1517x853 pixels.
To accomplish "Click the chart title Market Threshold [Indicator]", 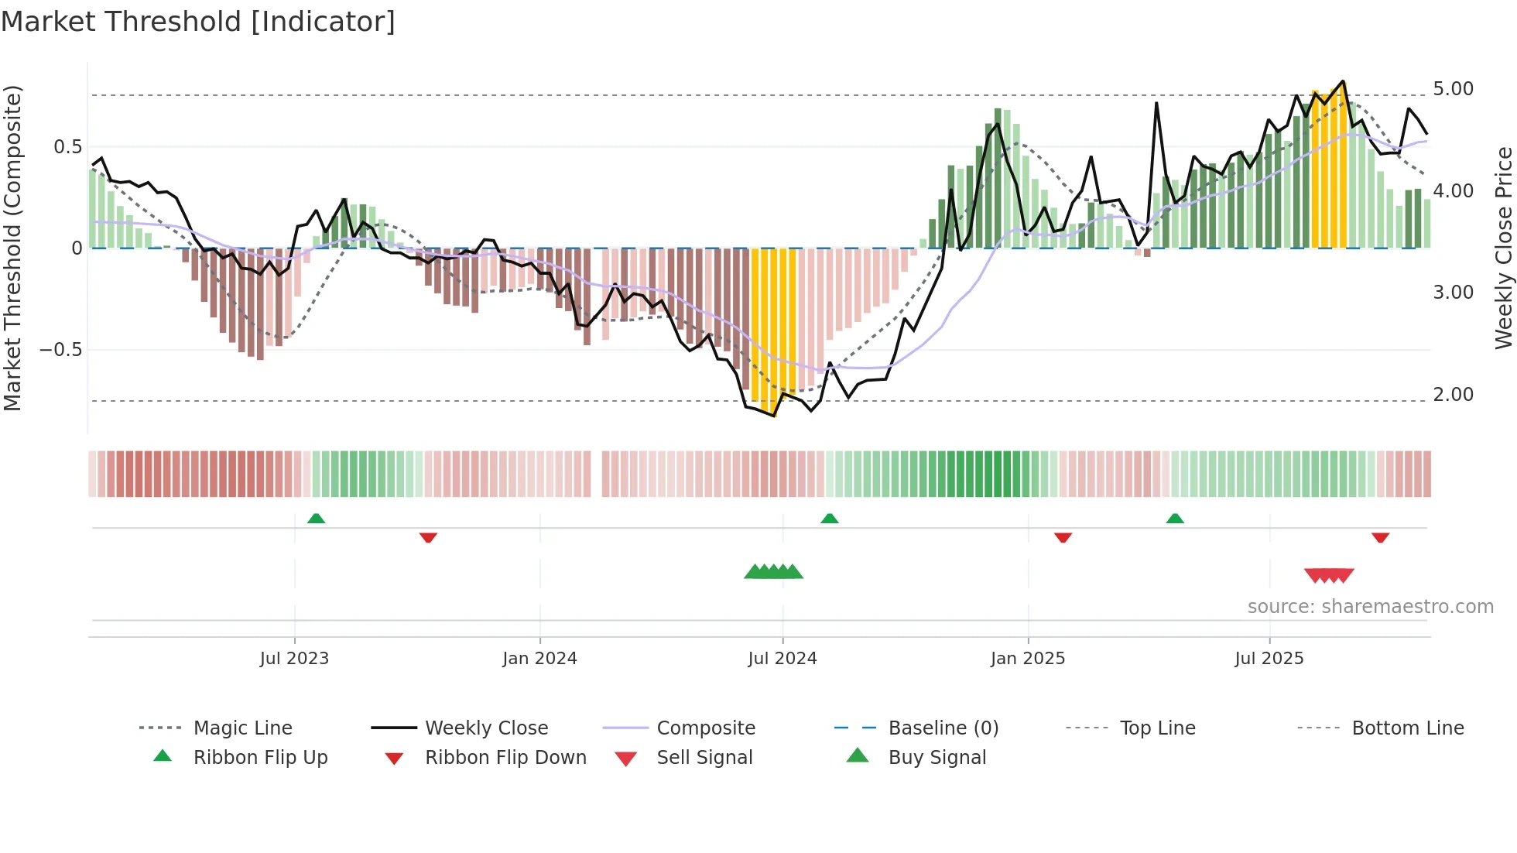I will pyautogui.click(x=198, y=22).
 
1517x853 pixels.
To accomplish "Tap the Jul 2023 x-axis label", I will pyautogui.click(x=294, y=659).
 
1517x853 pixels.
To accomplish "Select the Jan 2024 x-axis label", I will pyautogui.click(x=539, y=659).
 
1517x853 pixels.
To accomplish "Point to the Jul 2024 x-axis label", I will pyautogui.click(x=782, y=659).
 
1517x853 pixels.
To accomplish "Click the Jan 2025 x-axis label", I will pyautogui.click(x=1028, y=659).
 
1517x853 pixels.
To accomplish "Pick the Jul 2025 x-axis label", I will pyautogui.click(x=1269, y=659).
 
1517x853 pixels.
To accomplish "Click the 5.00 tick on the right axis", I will pyautogui.click(x=1453, y=89).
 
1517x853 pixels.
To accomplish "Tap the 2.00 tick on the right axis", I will pyautogui.click(x=1453, y=395).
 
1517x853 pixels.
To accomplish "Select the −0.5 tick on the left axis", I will pyautogui.click(x=60, y=350).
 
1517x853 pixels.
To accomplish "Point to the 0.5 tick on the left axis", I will pyautogui.click(x=67, y=147).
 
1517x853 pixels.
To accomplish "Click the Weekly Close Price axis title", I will pyautogui.click(x=1503, y=248).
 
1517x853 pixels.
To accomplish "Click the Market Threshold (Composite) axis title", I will pyautogui.click(x=12, y=248).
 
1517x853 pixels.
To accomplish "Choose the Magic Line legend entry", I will pyautogui.click(x=242, y=728).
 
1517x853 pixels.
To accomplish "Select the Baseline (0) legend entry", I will pyautogui.click(x=943, y=728).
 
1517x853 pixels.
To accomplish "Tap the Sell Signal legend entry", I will pyautogui.click(x=704, y=758).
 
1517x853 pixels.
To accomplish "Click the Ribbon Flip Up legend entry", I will pyautogui.click(x=260, y=758).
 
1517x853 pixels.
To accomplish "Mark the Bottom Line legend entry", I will pyautogui.click(x=1407, y=728).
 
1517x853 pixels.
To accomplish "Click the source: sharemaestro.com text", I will pyautogui.click(x=1370, y=607).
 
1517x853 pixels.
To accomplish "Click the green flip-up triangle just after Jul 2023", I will pyautogui.click(x=316, y=519).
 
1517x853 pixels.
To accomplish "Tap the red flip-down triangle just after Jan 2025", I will pyautogui.click(x=1063, y=537).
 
